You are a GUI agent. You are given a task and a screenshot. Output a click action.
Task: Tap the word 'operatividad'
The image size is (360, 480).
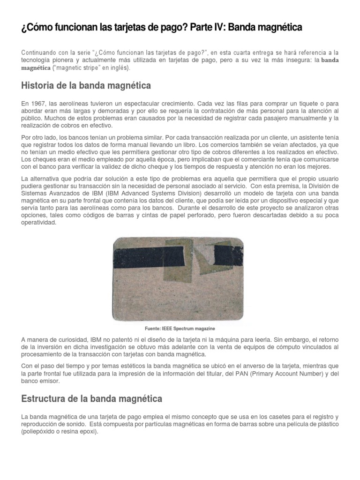point(39,223)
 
